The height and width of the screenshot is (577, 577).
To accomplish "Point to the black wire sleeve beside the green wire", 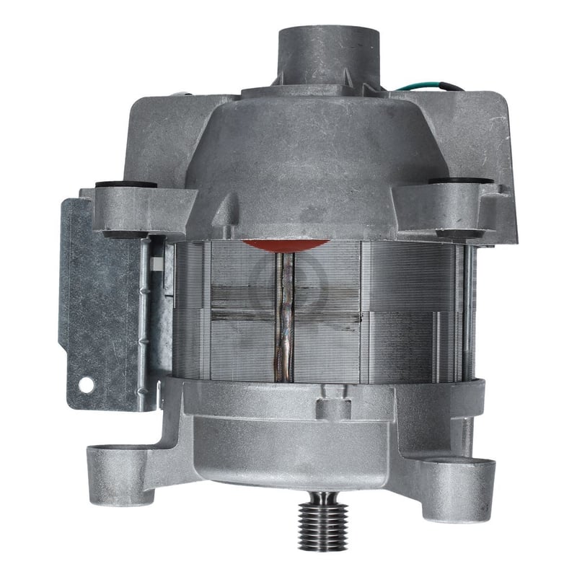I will (x=453, y=87).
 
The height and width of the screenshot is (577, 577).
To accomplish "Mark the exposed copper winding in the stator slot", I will (x=284, y=317).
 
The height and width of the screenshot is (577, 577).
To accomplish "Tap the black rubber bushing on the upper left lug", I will (x=125, y=185).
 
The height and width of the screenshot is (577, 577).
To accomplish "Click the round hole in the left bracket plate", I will (x=86, y=385).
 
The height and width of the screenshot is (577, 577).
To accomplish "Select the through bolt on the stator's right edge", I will (x=470, y=303).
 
